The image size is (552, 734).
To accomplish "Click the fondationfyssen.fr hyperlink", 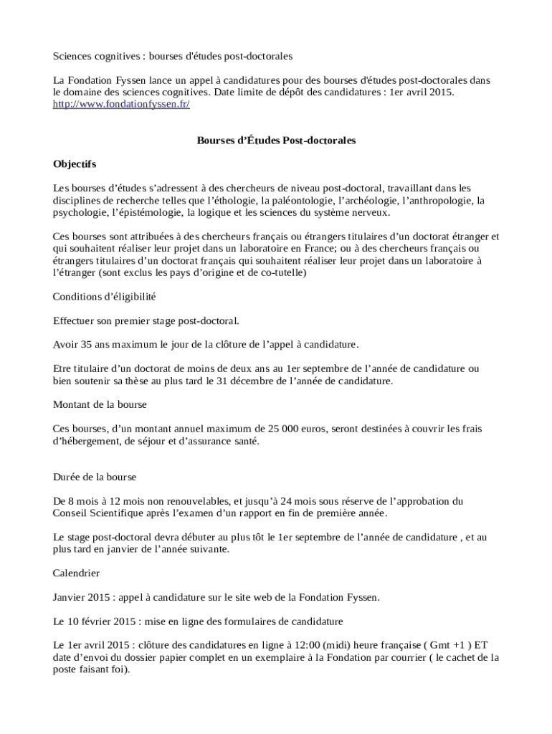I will [x=121, y=104].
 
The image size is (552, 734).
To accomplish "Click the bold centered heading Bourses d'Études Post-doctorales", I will [x=276, y=140].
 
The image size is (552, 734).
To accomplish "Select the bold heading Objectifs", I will [x=75, y=164].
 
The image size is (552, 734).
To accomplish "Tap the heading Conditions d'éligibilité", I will [x=105, y=296].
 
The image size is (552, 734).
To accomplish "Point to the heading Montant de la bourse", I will [x=100, y=404].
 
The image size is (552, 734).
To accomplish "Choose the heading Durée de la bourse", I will [x=95, y=477].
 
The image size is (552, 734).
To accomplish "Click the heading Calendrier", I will [x=77, y=573].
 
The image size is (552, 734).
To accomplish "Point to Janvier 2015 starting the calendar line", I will [x=79, y=597].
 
